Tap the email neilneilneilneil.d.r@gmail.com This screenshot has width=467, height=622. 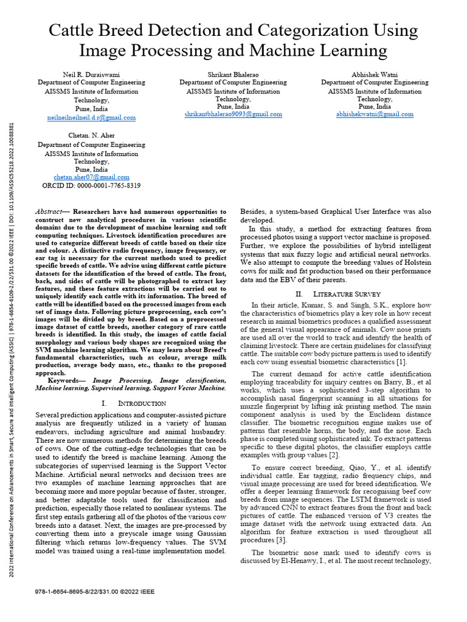point(92,117)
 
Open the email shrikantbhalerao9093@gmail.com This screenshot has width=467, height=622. point(233,114)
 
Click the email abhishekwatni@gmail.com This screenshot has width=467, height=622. point(375,114)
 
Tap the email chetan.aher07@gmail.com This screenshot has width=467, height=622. point(92,177)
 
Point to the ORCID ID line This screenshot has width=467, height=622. point(92,185)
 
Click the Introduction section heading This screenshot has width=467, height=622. point(133,403)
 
